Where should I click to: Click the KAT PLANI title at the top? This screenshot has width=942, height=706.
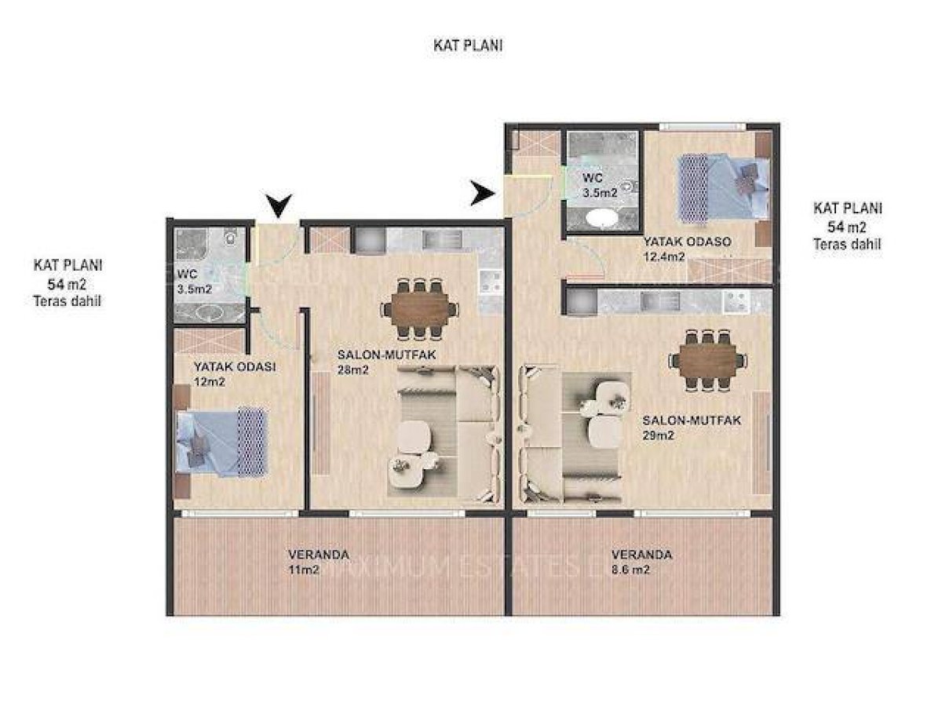(x=467, y=45)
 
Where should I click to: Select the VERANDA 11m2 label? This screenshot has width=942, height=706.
(x=319, y=562)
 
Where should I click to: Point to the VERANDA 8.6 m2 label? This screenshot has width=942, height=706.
(x=641, y=562)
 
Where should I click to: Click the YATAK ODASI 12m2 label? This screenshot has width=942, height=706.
(x=234, y=374)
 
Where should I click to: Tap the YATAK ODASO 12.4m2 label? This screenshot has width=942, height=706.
(x=687, y=249)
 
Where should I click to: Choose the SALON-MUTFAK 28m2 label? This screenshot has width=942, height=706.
(x=386, y=362)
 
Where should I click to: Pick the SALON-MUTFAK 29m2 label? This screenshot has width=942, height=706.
(x=692, y=428)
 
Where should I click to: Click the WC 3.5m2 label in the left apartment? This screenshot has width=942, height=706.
(x=195, y=281)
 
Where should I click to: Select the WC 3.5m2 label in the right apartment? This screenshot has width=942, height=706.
(x=600, y=185)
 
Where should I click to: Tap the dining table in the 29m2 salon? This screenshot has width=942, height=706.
(x=708, y=360)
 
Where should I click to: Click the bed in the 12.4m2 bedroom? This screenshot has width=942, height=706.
(x=723, y=188)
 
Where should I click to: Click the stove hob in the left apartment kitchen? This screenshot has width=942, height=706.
(x=491, y=281)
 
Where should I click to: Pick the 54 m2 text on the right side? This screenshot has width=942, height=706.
(x=846, y=227)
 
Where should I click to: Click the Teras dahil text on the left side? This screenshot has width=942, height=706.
(x=67, y=301)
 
